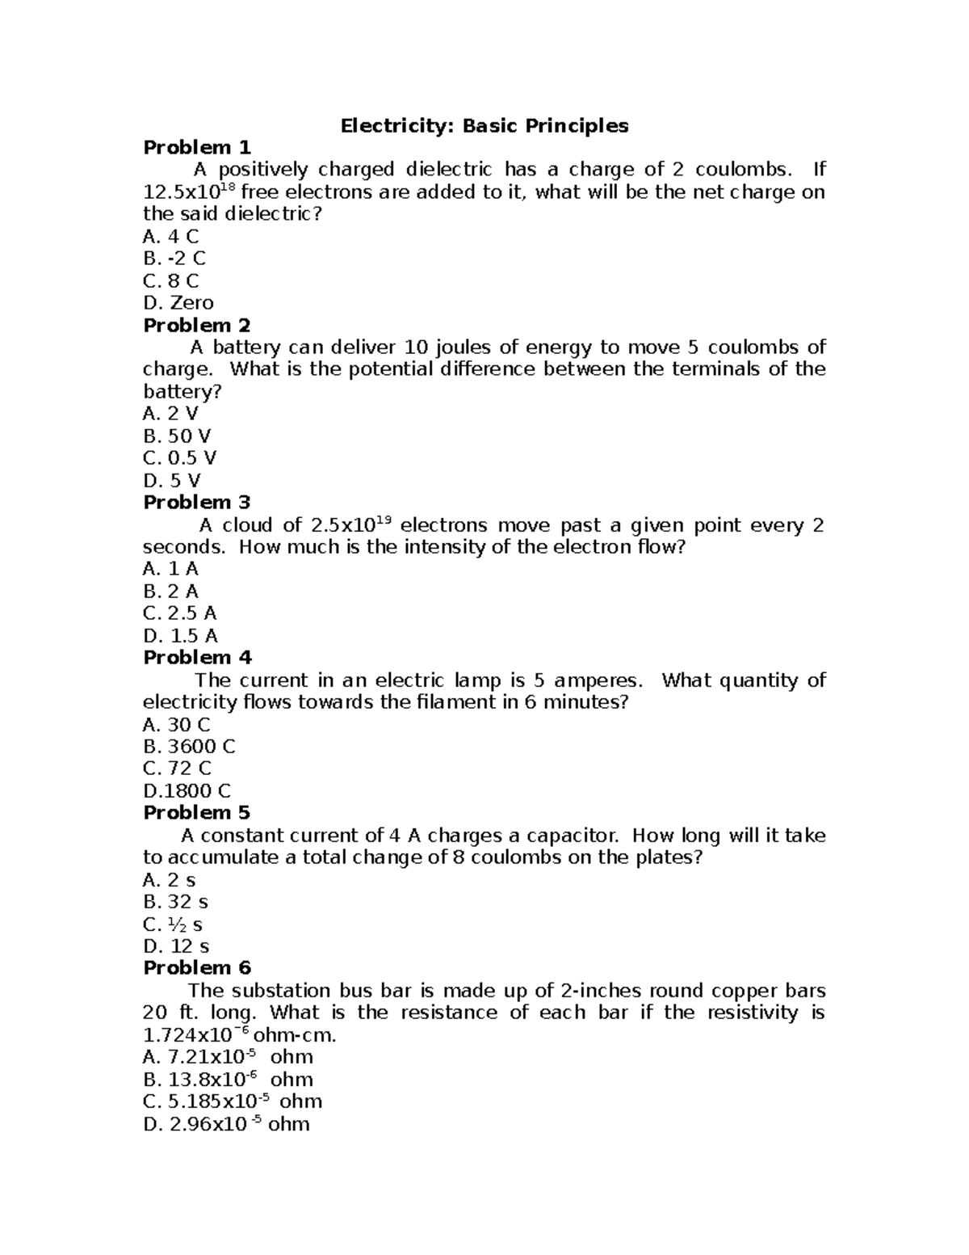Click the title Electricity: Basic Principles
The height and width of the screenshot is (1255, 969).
[484, 126]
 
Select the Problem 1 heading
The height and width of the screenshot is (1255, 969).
[197, 148]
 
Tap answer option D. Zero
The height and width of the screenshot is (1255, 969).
[178, 303]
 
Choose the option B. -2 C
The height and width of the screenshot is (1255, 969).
[174, 259]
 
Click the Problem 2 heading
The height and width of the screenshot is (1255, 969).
[197, 326]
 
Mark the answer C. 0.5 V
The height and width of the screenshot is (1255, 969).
[179, 458]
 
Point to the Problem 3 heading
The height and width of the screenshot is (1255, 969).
[197, 503]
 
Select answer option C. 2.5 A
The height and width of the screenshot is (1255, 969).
[179, 613]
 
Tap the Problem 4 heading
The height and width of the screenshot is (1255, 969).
[197, 658]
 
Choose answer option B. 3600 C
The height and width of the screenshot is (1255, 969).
[189, 747]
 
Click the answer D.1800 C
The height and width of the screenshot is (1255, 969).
[187, 791]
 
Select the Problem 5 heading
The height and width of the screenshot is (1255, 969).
[197, 813]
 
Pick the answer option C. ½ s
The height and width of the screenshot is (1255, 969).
[172, 924]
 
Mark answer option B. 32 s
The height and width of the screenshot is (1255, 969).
[175, 902]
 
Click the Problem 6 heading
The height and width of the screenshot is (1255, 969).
[197, 968]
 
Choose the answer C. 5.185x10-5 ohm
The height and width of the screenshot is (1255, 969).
[233, 1101]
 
